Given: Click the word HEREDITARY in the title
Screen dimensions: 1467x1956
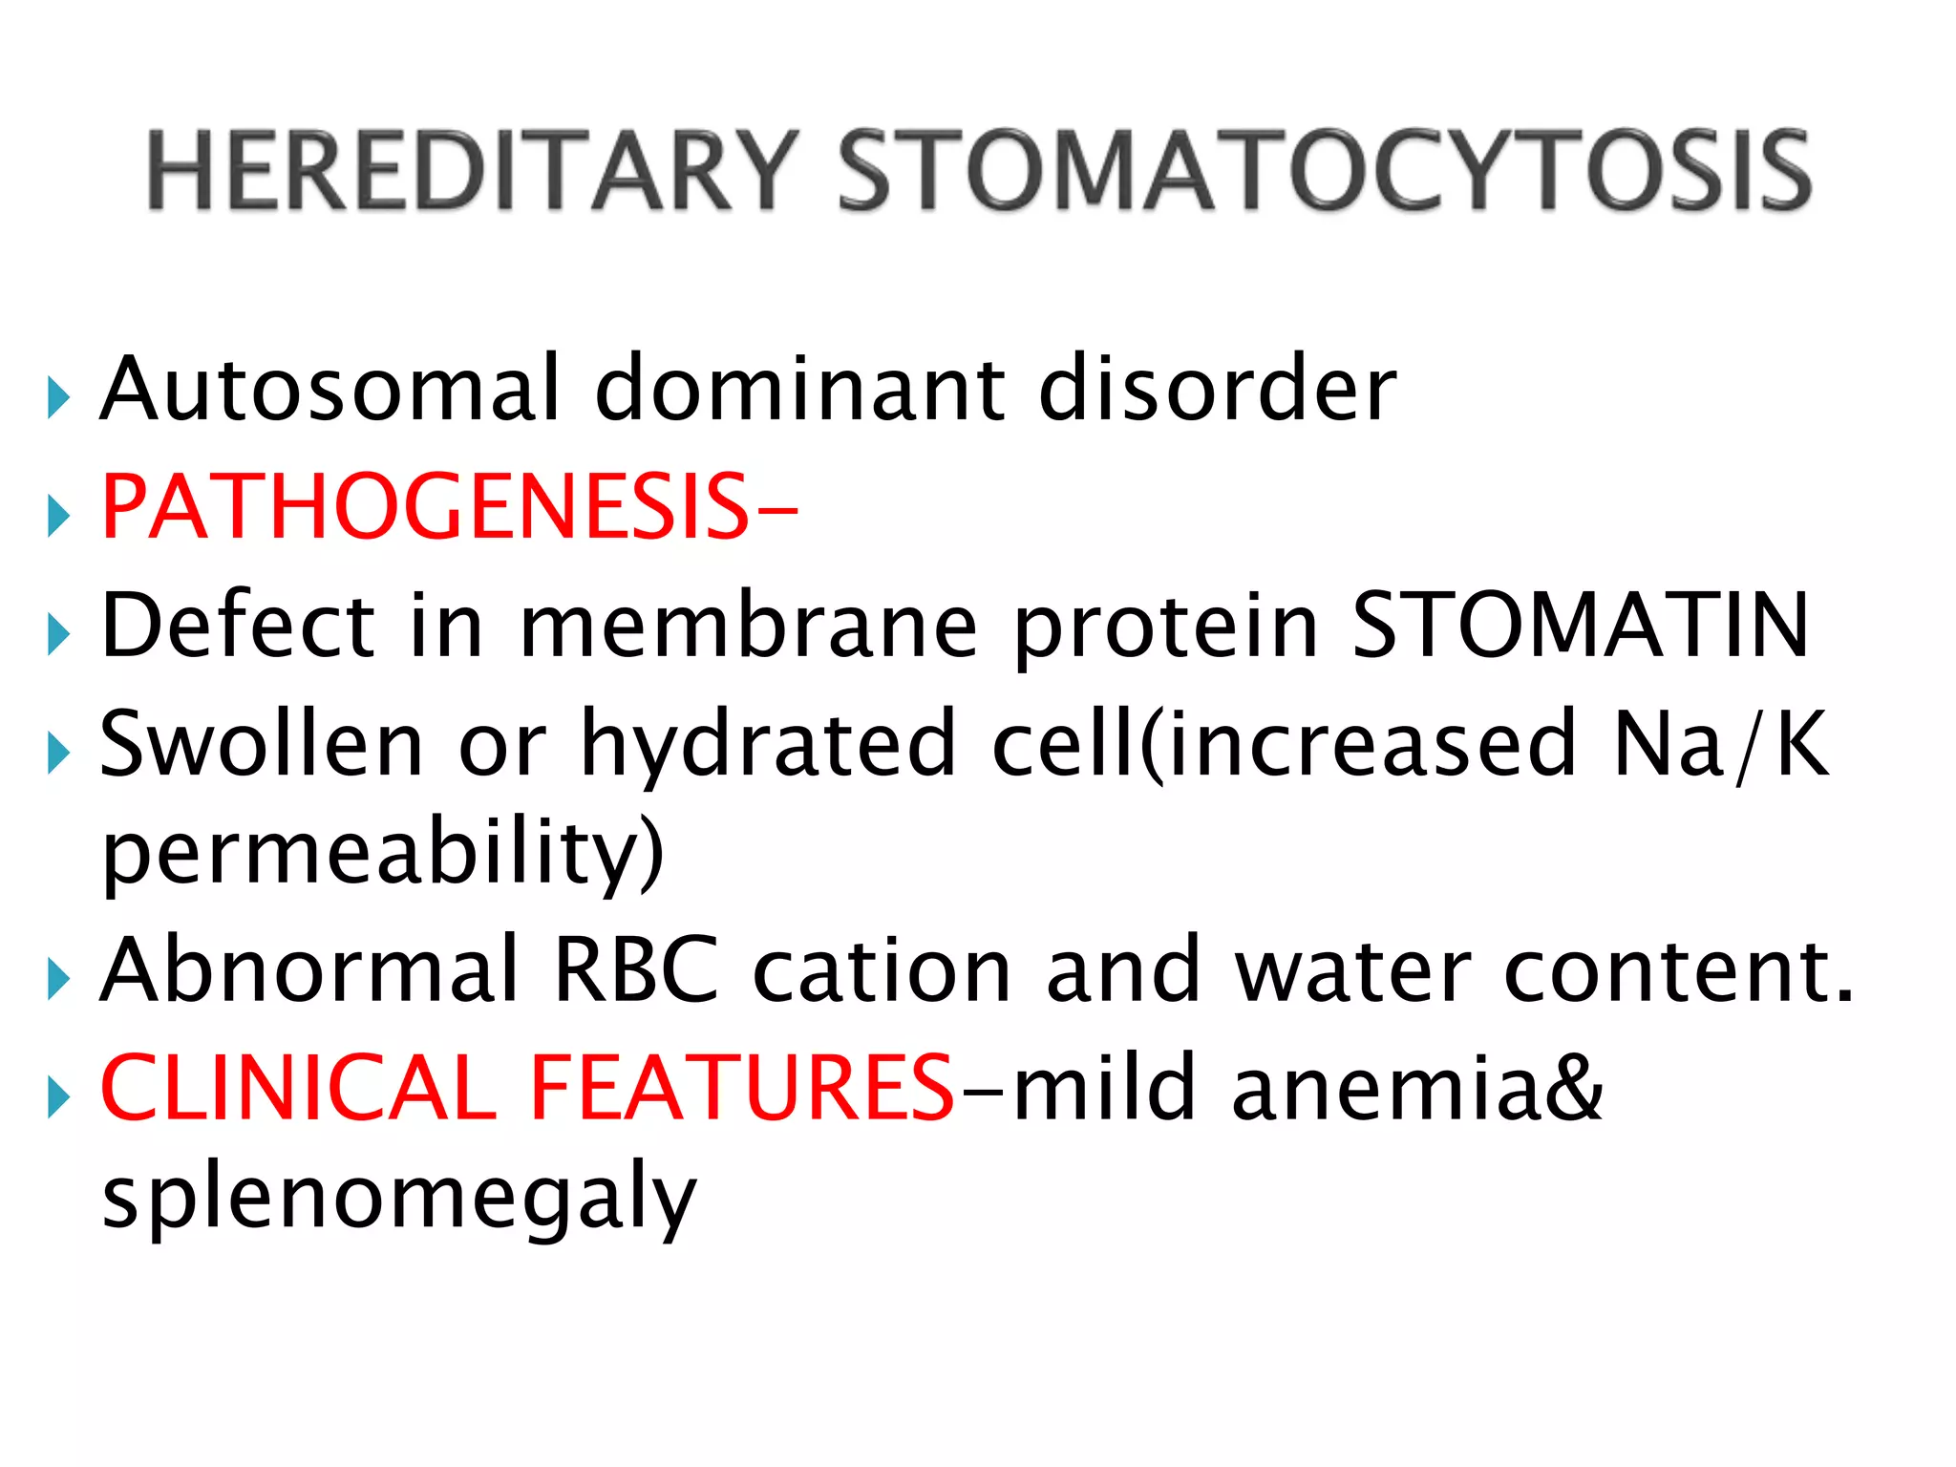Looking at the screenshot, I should pyautogui.click(x=472, y=172).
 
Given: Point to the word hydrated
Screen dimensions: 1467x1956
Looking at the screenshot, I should pyautogui.click(x=768, y=745).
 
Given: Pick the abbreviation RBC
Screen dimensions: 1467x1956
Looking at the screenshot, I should pyautogui.click(x=636, y=970).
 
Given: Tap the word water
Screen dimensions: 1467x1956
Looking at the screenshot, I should pyautogui.click(x=1352, y=970).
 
